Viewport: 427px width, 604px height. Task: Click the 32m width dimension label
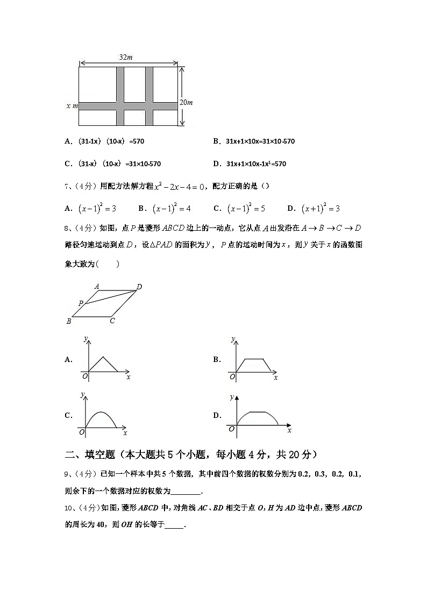click(x=127, y=57)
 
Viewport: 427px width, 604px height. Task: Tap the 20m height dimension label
click(x=186, y=102)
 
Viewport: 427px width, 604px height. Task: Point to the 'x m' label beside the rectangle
click(x=72, y=106)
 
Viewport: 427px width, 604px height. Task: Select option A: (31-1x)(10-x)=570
click(x=104, y=141)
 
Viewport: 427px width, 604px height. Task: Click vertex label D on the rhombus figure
click(x=139, y=287)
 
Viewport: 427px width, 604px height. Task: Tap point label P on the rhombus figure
click(x=81, y=303)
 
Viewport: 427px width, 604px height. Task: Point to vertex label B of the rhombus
click(x=69, y=322)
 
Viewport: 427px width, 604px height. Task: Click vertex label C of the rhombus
click(x=112, y=321)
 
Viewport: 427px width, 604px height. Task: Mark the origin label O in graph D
click(x=231, y=429)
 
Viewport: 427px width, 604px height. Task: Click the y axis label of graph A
click(x=86, y=338)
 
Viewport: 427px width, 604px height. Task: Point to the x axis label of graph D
click(x=289, y=430)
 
